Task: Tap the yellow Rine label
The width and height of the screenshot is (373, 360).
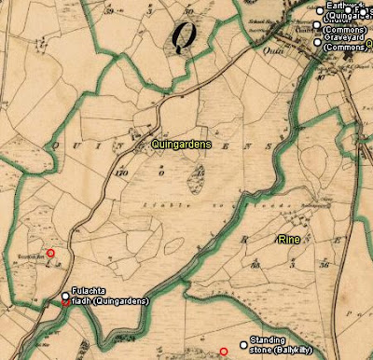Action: (x=289, y=240)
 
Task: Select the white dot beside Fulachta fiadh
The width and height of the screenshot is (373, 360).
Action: (x=65, y=296)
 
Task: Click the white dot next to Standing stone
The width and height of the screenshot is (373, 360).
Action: (x=244, y=345)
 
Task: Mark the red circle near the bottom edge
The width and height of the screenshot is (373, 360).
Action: (x=223, y=352)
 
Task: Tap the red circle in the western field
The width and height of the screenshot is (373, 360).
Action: (x=50, y=253)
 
